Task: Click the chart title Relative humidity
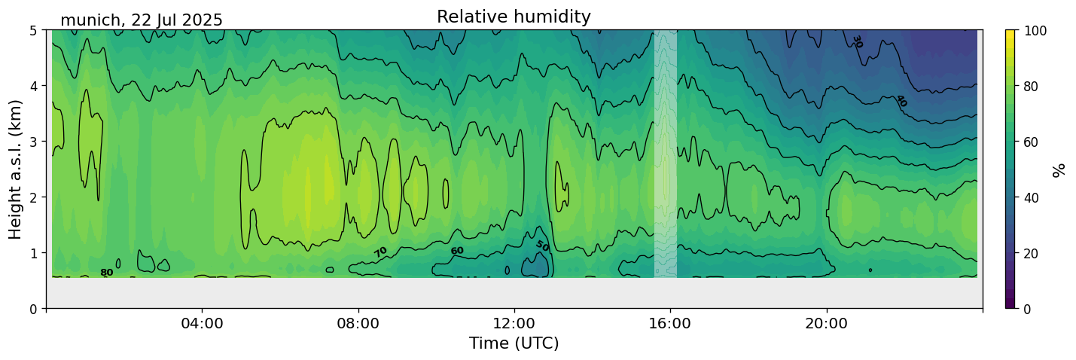tap(514, 17)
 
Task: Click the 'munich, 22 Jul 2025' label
tap(142, 20)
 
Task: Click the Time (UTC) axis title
tap(514, 343)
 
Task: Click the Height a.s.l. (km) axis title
tap(15, 169)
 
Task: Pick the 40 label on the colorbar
tap(1032, 197)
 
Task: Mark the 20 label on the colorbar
tap(1032, 253)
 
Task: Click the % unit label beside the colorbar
tap(1059, 170)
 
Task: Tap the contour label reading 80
tap(107, 273)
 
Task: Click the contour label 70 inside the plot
tap(380, 252)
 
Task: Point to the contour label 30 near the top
tap(857, 42)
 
